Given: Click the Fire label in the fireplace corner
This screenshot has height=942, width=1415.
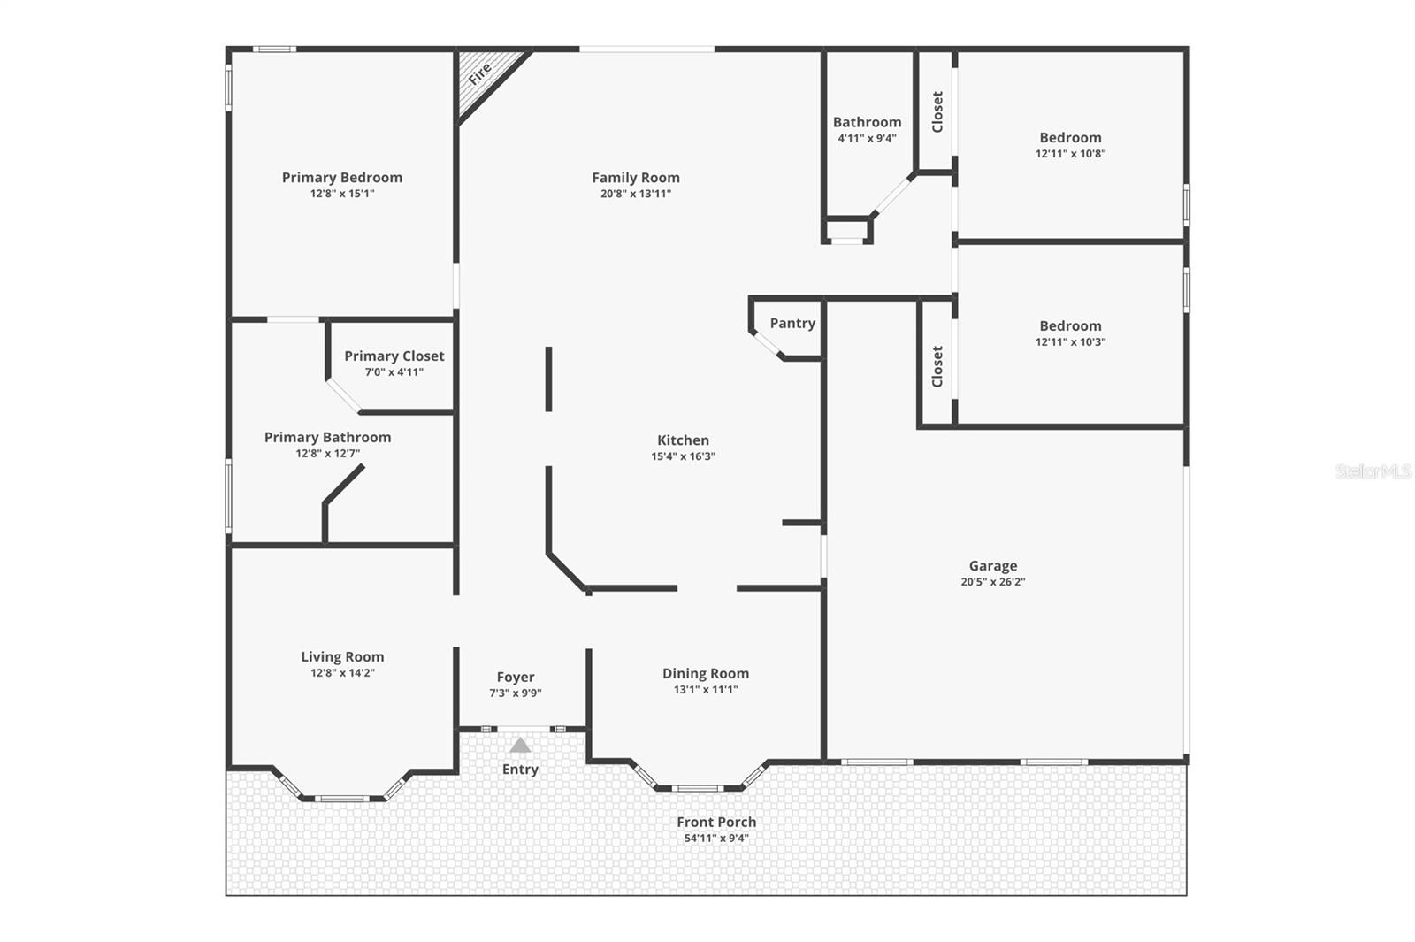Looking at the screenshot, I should (x=479, y=74).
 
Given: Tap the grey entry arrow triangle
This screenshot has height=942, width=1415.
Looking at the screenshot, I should (x=520, y=746).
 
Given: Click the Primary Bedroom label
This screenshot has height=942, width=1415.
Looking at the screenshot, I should (x=342, y=178).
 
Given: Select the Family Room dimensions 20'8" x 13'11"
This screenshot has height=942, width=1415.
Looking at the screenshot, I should (x=636, y=194).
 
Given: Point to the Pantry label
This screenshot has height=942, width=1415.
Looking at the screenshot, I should (x=792, y=324).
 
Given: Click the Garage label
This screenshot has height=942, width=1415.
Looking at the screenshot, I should (x=993, y=566).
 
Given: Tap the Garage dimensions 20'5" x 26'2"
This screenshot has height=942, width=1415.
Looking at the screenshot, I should (x=993, y=582).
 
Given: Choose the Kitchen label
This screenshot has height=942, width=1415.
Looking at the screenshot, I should (x=683, y=440).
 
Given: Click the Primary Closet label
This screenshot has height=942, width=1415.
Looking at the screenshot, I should (x=394, y=356).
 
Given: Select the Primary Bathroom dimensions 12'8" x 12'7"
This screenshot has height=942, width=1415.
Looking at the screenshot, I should (x=328, y=454).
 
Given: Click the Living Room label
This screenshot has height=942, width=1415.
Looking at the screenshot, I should (x=342, y=657).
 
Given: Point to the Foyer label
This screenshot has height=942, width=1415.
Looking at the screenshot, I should (x=516, y=678).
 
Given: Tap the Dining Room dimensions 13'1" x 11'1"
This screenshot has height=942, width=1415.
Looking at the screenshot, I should (x=706, y=690).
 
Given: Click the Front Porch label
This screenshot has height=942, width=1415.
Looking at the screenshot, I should (x=716, y=823).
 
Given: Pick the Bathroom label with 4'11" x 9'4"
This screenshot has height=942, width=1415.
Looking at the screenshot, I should (x=868, y=123).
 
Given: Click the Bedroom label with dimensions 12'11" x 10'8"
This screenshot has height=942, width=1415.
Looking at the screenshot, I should (x=1071, y=138).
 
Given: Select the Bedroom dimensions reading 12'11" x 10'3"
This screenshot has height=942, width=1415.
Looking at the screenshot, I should (x=1071, y=342).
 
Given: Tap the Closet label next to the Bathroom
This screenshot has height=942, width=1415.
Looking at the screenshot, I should (x=937, y=112).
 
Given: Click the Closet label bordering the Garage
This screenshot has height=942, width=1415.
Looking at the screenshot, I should (x=937, y=366).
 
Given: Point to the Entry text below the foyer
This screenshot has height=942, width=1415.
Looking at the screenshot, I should (x=520, y=770).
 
